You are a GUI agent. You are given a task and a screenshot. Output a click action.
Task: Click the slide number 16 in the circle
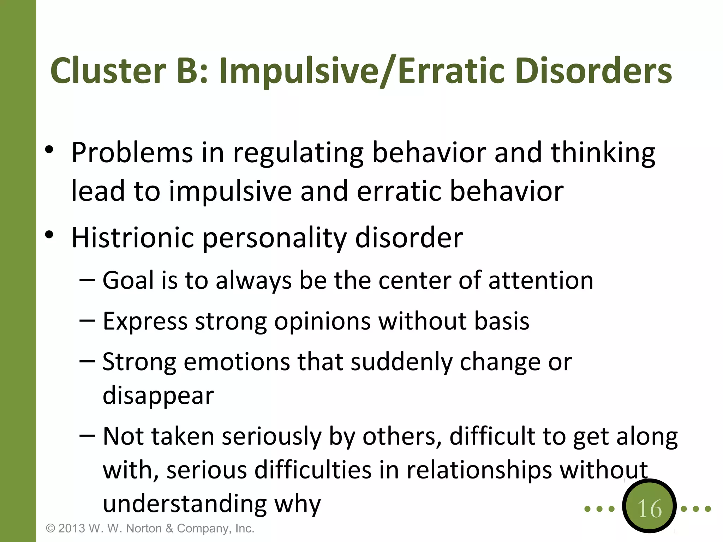tap(649, 509)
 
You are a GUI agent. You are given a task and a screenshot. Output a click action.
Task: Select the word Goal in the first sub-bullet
tap(129, 280)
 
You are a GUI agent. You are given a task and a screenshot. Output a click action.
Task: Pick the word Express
tap(145, 322)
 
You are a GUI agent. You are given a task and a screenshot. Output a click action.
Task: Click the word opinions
tap(322, 322)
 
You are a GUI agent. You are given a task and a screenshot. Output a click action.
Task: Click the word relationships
tap(479, 470)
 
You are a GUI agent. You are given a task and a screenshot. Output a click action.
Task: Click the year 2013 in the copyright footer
tap(72, 529)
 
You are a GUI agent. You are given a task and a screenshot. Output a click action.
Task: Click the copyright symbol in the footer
tap(51, 529)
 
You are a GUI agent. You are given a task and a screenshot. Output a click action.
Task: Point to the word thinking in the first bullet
tap(603, 153)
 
